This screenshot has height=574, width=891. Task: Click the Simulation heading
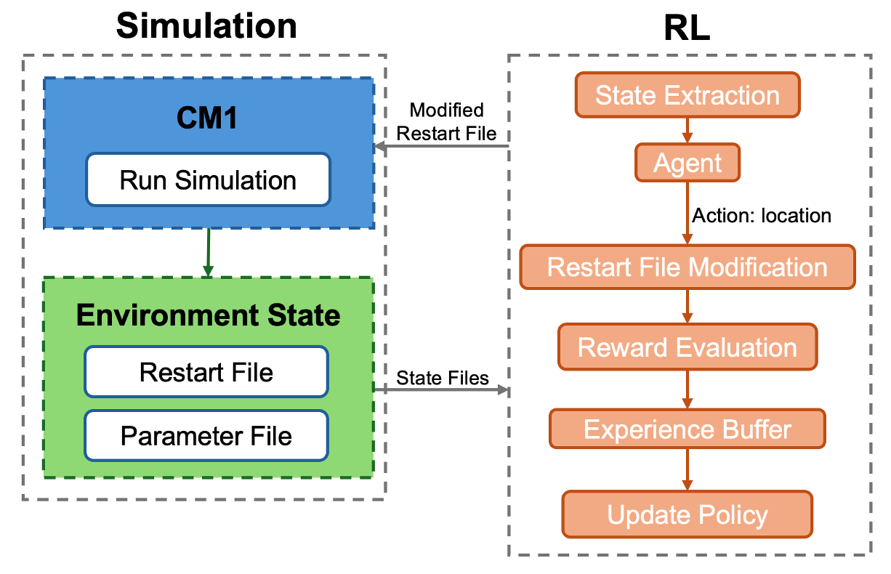206,27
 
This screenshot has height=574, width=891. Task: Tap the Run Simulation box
208,179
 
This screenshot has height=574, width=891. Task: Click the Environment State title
208,315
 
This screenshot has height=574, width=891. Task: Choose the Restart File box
206,372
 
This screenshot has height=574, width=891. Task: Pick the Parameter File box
206,436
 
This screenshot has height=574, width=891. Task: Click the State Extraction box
687,95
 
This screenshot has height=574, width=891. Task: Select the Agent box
687,163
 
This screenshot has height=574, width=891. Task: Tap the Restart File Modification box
687,267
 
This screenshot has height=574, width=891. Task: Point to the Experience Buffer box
687,429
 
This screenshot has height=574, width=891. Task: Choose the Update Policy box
687,514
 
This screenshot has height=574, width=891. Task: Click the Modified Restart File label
446,121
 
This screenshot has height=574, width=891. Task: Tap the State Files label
442,378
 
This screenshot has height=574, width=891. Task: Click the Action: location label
761,216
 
